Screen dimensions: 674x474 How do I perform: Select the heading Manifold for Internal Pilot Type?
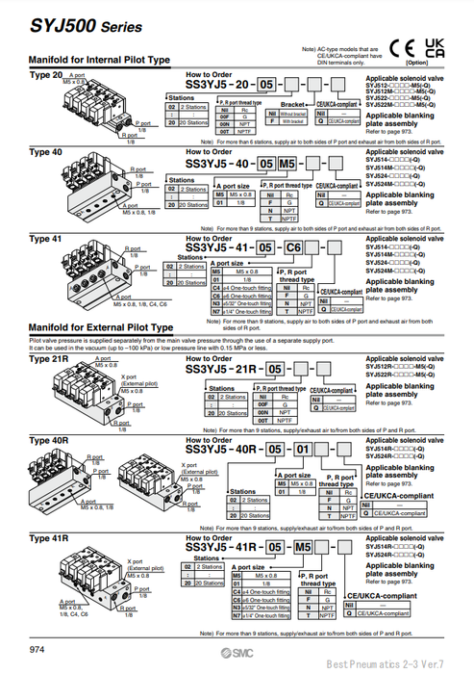pyautogui.click(x=99, y=60)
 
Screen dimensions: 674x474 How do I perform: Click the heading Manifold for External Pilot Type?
pyautogui.click(x=101, y=327)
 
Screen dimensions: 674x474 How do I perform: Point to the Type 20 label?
pyautogui.click(x=45, y=74)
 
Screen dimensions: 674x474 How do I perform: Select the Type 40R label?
pyautogui.click(x=48, y=440)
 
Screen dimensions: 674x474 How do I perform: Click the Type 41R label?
pyautogui.click(x=48, y=539)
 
